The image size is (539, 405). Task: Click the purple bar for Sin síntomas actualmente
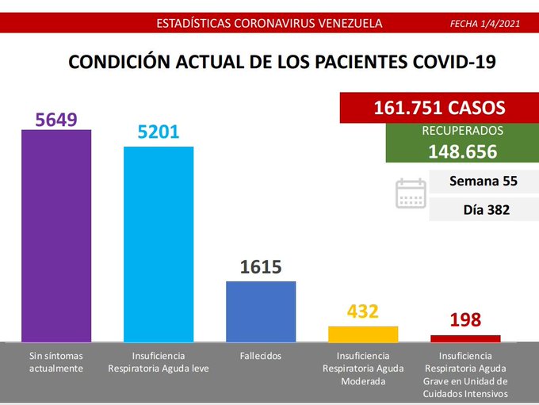coord(56,235)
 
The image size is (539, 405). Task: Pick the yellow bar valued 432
coord(363,334)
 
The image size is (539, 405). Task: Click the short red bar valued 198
coord(465,338)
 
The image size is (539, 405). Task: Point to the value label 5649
coord(56,119)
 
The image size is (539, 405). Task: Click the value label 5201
coord(159,133)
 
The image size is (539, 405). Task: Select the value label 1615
coord(261,267)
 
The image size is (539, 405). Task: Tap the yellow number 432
coord(363,311)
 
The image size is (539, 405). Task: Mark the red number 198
coord(465,321)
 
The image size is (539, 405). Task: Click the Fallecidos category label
coord(261,356)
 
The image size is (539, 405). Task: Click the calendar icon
coord(411,193)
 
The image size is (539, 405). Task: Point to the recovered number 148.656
coord(463,151)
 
